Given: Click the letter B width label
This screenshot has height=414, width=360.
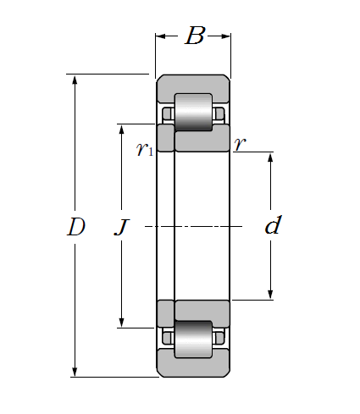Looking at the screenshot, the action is click(x=195, y=36).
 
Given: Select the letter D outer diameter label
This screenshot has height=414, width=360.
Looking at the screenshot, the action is click(x=76, y=226).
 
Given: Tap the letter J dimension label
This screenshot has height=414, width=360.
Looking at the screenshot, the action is click(x=122, y=227).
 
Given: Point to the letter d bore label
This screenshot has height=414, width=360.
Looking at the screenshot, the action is click(x=273, y=224).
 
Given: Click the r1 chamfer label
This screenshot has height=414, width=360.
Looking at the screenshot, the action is click(x=145, y=148).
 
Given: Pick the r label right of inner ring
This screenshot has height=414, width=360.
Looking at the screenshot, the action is click(x=240, y=144).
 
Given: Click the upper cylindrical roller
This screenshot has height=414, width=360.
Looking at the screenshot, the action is click(x=193, y=112).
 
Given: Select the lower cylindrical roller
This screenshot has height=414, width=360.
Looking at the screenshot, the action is click(x=193, y=339).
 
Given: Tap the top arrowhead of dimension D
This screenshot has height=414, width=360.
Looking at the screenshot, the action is click(x=75, y=80).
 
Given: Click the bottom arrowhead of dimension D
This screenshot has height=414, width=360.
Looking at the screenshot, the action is click(x=75, y=372).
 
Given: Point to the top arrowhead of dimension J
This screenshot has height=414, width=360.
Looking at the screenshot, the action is click(x=122, y=130).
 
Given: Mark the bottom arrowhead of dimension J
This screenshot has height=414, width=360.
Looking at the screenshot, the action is click(x=122, y=323).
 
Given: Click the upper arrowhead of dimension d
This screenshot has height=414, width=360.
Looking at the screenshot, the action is click(x=270, y=157).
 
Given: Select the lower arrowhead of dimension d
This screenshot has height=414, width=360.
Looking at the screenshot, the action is click(x=270, y=294).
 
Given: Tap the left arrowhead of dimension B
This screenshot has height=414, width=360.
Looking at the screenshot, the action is click(x=161, y=36).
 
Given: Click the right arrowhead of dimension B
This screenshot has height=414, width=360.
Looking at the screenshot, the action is click(x=225, y=36).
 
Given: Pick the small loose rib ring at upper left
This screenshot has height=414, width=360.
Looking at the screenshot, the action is click(x=166, y=138).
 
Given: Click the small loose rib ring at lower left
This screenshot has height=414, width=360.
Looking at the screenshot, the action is click(x=166, y=314).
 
